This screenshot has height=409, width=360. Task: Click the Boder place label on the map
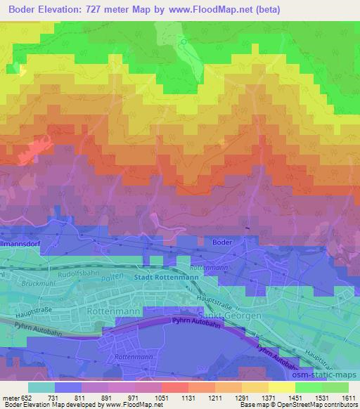click(x=221, y=242)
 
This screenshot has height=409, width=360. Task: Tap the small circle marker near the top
click(x=184, y=42)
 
